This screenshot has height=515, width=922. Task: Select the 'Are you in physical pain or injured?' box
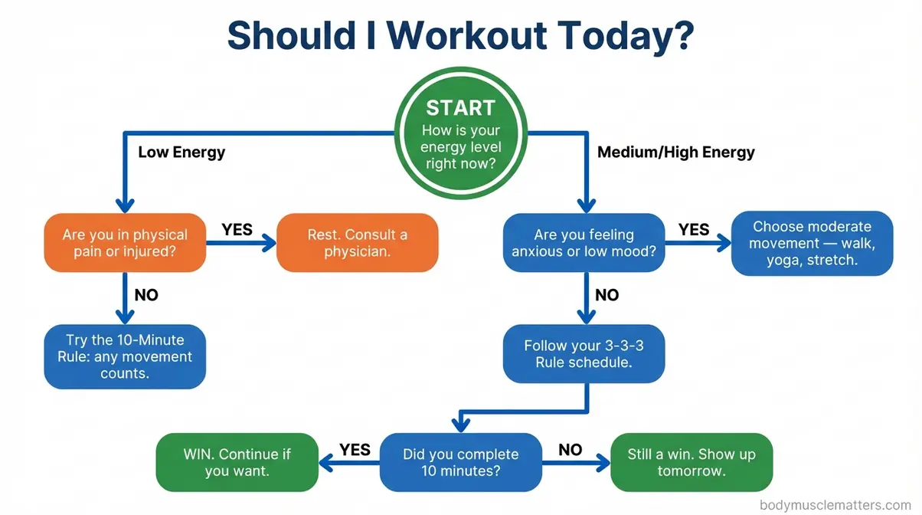pyautogui.click(x=125, y=242)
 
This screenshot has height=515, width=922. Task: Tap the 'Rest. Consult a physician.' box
pyautogui.click(x=357, y=242)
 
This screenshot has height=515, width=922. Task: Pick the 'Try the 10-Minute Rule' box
pyautogui.click(x=125, y=356)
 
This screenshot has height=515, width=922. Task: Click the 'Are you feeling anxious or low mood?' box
pyautogui.click(x=584, y=242)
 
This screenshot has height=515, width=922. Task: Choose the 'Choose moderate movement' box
pyautogui.click(x=812, y=243)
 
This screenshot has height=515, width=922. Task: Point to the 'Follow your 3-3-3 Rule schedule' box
pyautogui.click(x=584, y=353)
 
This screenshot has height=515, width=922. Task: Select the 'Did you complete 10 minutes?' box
pyautogui.click(x=460, y=462)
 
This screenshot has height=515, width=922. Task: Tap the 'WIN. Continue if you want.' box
pyautogui.click(x=237, y=462)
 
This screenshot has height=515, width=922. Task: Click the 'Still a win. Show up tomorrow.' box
pyautogui.click(x=691, y=462)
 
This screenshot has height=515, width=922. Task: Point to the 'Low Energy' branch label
pyautogui.click(x=181, y=152)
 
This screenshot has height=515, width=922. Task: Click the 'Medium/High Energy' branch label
pyautogui.click(x=675, y=152)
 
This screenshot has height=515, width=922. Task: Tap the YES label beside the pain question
pyautogui.click(x=237, y=229)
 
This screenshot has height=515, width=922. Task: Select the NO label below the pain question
pyautogui.click(x=146, y=294)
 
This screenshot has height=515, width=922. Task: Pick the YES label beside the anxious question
pyautogui.click(x=694, y=229)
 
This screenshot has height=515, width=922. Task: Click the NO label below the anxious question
pyautogui.click(x=606, y=294)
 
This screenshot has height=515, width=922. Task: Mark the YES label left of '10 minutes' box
pyautogui.click(x=355, y=449)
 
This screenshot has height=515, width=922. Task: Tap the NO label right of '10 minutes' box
pyautogui.click(x=570, y=449)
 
